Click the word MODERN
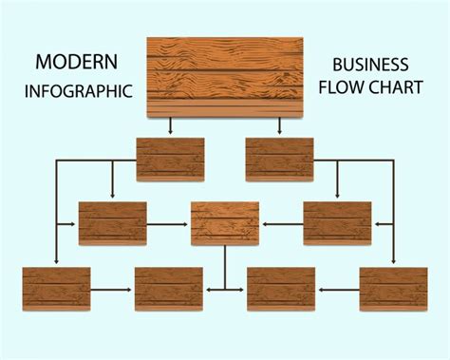[77, 63]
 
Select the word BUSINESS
[370, 66]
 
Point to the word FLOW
[345, 91]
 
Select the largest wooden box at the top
[225, 77]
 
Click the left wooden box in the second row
[170, 159]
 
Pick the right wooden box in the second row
[279, 159]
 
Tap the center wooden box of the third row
[225, 223]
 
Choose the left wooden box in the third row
[113, 223]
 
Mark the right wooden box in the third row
[337, 223]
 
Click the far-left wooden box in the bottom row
[56, 288]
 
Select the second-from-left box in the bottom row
[169, 288]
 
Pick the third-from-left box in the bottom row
[281, 288]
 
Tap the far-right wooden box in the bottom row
[393, 288]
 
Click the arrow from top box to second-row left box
[170, 126]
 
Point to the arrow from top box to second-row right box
[279, 126]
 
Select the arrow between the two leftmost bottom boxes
[112, 288]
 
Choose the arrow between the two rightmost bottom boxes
[337, 288]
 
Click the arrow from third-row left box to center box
[168, 224]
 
